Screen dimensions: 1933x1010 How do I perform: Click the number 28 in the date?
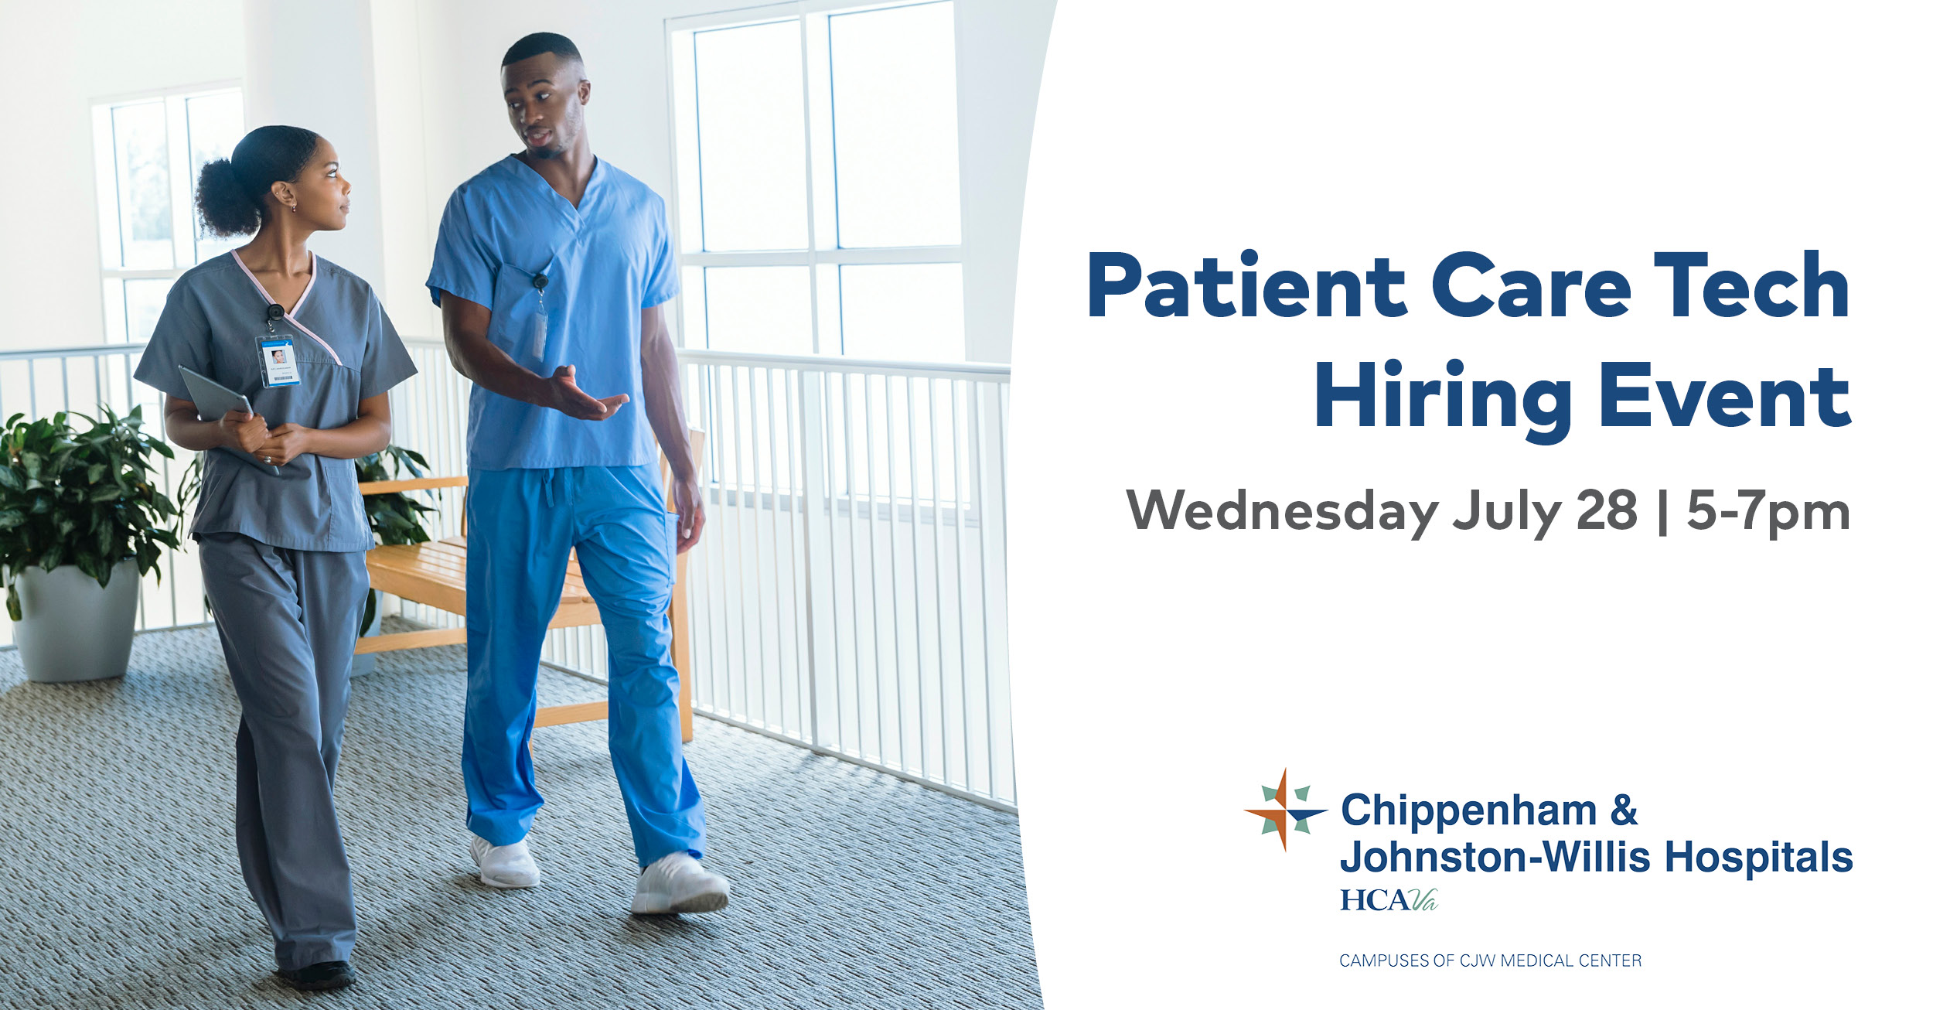click(x=1607, y=510)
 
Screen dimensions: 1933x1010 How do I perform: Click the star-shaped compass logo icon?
click(x=1286, y=810)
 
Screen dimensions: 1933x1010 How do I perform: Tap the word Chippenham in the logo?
click(x=1468, y=810)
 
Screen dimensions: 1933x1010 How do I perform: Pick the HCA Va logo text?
click(x=1388, y=899)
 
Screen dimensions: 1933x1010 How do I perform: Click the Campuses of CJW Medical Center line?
click(x=1490, y=961)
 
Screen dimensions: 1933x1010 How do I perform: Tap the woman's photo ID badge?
click(x=278, y=360)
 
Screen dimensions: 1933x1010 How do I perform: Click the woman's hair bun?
click(x=224, y=197)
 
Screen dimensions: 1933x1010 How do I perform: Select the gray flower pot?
click(x=75, y=622)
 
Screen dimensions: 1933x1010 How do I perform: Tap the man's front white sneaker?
click(x=680, y=883)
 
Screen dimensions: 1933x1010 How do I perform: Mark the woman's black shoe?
click(x=319, y=975)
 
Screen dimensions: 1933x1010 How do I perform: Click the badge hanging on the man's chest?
click(x=540, y=333)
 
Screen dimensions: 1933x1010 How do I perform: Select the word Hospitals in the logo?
click(x=1758, y=858)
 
